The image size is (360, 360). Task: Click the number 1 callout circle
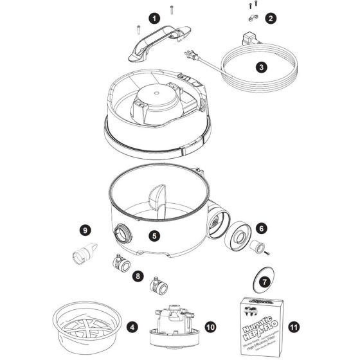click(x=155, y=19)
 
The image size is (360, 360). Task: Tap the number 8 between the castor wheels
click(x=137, y=275)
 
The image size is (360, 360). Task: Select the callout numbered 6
click(x=261, y=228)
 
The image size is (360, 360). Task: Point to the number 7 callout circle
click(x=263, y=282)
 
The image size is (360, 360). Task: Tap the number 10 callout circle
click(x=210, y=327)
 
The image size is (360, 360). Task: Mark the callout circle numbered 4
click(x=132, y=327)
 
